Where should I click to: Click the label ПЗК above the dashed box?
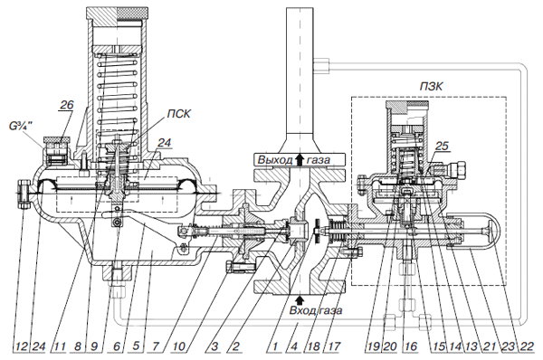(x=431, y=86)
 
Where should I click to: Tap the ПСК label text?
(x=178, y=114)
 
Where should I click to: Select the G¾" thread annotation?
(x=21, y=127)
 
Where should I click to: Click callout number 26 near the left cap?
(x=67, y=105)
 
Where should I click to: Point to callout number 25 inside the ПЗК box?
(x=442, y=146)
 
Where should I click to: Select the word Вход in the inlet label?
(x=301, y=310)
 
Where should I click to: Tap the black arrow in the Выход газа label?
(x=300, y=160)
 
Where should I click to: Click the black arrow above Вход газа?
(x=300, y=299)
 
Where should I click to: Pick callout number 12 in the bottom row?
(x=22, y=346)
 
